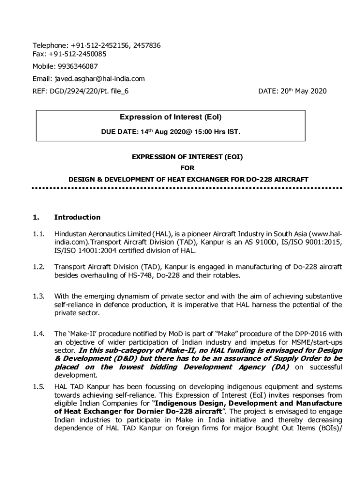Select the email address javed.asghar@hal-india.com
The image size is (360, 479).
pyautogui.click(x=100, y=79)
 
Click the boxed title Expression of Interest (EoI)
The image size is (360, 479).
pyautogui.click(x=171, y=117)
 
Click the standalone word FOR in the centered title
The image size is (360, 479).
pyautogui.click(x=187, y=168)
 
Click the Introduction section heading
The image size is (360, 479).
pyautogui.click(x=77, y=218)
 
